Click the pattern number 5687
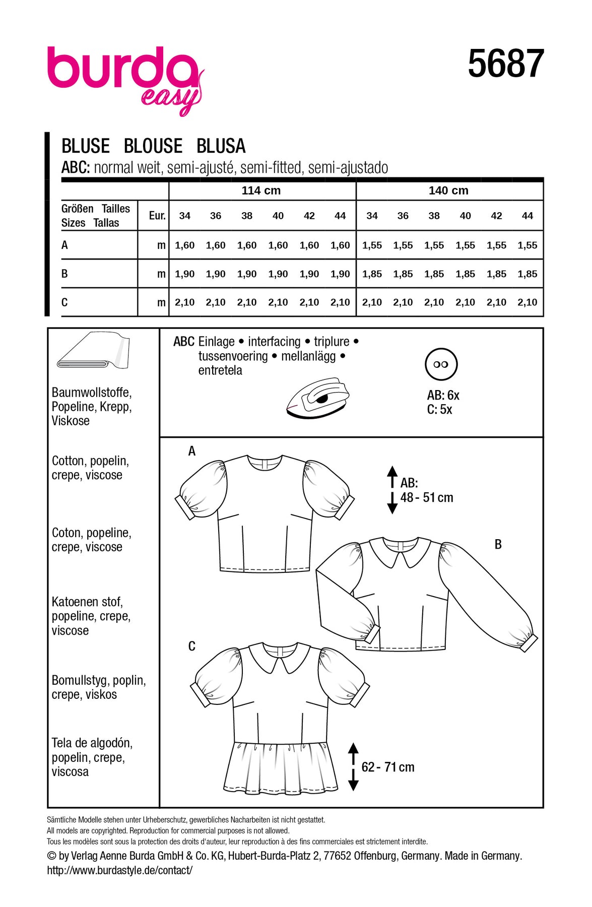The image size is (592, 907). click(x=505, y=64)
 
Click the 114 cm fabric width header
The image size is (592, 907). click(x=261, y=190)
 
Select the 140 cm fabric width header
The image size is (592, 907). click(x=448, y=190)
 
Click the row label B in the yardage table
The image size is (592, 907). click(x=64, y=274)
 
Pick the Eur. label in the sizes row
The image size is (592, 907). click(x=157, y=216)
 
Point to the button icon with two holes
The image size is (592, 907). click(x=441, y=364)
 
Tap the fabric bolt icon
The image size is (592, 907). click(x=93, y=351)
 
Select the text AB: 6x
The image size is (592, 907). click(x=443, y=396)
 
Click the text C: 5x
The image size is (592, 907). click(x=439, y=410)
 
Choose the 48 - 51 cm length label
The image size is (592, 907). click(x=427, y=497)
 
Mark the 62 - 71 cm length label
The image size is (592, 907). click(x=387, y=767)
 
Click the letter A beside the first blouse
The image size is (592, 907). click(x=191, y=451)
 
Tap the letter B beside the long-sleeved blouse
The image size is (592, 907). click(x=498, y=544)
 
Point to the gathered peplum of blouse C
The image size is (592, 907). click(x=281, y=766)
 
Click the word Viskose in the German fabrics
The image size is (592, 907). click(x=71, y=421)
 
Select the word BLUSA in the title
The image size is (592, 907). click(x=221, y=146)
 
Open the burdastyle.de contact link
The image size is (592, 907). click(x=119, y=870)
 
